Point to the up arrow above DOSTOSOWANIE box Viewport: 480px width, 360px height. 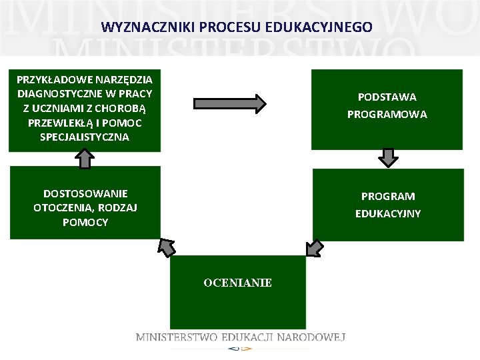[x=84, y=159]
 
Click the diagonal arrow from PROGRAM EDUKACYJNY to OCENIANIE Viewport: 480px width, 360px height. [x=314, y=247]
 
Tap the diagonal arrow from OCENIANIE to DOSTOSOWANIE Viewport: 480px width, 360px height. [x=166, y=247]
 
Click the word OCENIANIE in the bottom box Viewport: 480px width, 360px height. [x=237, y=283]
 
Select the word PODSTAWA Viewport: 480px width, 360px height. [x=387, y=97]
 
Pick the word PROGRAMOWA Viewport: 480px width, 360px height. [x=387, y=115]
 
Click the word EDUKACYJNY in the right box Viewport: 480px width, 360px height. [x=387, y=214]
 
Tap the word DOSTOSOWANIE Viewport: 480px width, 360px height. [x=85, y=193]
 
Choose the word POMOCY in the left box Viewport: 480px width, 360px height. [x=85, y=223]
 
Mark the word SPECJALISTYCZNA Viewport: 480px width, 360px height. [x=85, y=137]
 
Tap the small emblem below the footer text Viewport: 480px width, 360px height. [x=239, y=348]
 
